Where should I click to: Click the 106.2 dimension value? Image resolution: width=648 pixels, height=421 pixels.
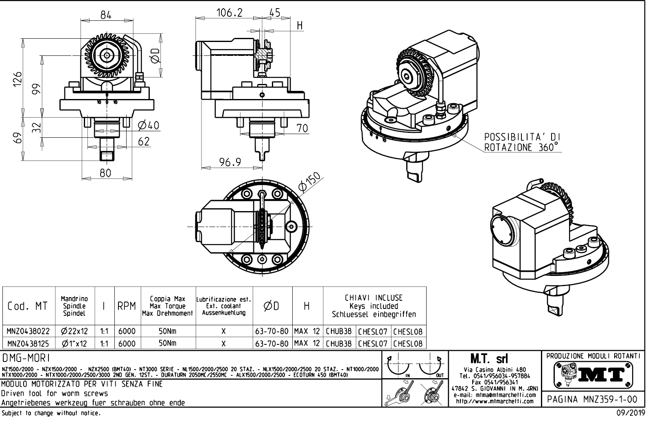(229, 13)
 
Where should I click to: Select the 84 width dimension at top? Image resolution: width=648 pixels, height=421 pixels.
(106, 15)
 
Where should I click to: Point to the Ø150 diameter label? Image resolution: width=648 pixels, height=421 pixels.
(309, 182)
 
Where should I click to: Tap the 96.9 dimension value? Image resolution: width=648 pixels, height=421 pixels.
(230, 162)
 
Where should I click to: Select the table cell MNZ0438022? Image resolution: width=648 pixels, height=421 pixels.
(28, 331)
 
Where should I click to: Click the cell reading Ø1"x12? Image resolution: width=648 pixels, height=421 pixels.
(74, 343)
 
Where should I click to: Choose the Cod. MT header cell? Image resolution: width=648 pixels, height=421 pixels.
(28, 306)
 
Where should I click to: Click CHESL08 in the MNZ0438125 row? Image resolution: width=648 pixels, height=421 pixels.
(408, 343)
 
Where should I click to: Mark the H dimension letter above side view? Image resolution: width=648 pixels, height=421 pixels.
(300, 26)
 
